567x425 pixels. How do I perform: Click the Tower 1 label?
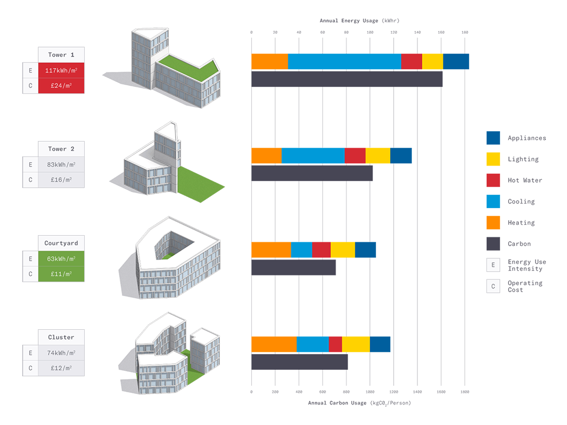pyautogui.click(x=61, y=55)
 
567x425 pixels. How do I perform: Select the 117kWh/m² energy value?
pyautogui.click(x=61, y=71)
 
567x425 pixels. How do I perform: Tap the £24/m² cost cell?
pyautogui.click(x=61, y=86)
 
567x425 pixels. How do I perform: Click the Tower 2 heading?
pyautogui.click(x=61, y=149)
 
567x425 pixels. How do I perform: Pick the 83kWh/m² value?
pyautogui.click(x=61, y=165)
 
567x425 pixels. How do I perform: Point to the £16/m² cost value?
pyautogui.click(x=61, y=180)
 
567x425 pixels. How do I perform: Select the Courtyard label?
pyautogui.click(x=61, y=243)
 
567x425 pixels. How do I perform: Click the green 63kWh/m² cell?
pyautogui.click(x=61, y=258)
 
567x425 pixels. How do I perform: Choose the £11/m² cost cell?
pyautogui.click(x=61, y=274)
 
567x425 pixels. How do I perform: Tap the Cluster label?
pyautogui.click(x=61, y=338)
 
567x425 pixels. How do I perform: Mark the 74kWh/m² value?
pyautogui.click(x=61, y=353)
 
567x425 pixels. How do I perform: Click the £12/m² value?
pyautogui.click(x=61, y=368)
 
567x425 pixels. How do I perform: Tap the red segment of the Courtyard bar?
pyautogui.click(x=321, y=248)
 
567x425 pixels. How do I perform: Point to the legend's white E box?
pyautogui.click(x=493, y=265)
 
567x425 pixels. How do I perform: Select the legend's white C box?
pyautogui.click(x=493, y=286)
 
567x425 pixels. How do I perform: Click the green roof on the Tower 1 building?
pyautogui.click(x=185, y=66)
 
